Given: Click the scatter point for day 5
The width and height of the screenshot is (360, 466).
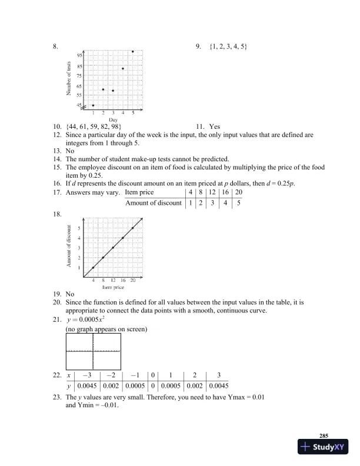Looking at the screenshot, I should [133, 52].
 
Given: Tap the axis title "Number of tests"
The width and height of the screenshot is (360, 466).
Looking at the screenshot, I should [69, 78].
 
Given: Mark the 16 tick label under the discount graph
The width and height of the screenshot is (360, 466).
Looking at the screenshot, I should [123, 281].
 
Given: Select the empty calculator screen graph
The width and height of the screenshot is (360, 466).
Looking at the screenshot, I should [94, 351].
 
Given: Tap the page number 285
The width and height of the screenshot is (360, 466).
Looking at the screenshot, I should [323, 435].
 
